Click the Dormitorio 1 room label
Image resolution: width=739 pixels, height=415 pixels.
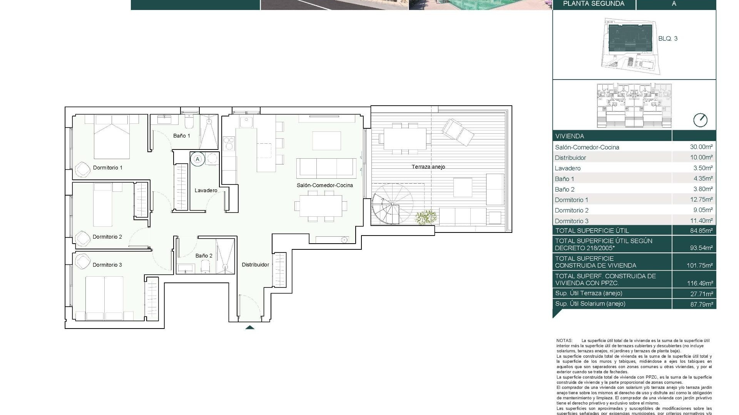(x=107, y=168)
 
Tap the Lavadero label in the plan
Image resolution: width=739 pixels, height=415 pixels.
(x=206, y=190)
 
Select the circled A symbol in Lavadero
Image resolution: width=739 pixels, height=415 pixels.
(x=198, y=159)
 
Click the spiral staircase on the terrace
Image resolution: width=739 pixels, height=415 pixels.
(x=391, y=204)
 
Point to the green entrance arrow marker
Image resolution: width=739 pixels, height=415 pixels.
(x=250, y=327)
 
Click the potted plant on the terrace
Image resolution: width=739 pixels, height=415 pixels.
(x=426, y=217)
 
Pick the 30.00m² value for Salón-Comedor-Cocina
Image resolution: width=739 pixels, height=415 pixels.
(x=701, y=147)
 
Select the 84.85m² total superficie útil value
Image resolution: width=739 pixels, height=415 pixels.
(x=701, y=231)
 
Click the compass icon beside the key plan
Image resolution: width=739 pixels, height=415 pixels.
(x=700, y=120)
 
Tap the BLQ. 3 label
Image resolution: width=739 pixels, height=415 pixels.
(x=668, y=38)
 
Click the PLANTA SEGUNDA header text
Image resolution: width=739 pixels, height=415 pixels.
(x=594, y=4)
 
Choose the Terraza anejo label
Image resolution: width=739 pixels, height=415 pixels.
(x=428, y=167)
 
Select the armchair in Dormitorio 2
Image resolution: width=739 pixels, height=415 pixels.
(x=82, y=238)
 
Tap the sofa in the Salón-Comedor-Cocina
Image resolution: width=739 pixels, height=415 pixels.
(x=326, y=168)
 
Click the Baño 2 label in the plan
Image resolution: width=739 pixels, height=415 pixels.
(x=204, y=256)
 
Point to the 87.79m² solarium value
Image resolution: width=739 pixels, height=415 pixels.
(x=701, y=304)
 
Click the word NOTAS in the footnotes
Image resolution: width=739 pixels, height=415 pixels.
(x=564, y=340)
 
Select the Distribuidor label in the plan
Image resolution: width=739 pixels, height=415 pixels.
(x=255, y=264)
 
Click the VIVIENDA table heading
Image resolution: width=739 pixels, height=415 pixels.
(x=569, y=136)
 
